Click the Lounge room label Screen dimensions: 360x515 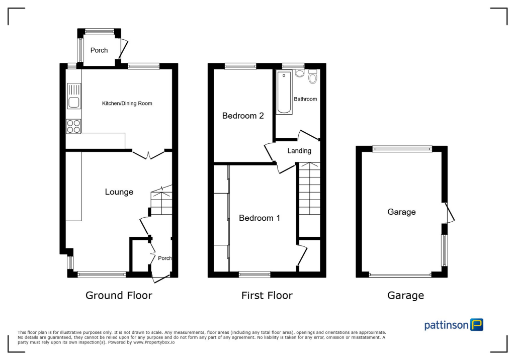click(119, 192)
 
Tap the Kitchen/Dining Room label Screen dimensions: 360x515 click(127, 104)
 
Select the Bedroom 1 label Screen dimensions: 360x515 click(260, 218)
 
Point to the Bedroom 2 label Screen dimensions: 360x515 click(243, 116)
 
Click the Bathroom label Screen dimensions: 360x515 click(305, 99)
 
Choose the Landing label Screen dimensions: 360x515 click(299, 151)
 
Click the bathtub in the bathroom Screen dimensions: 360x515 click(284, 93)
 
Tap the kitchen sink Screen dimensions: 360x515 click(73, 97)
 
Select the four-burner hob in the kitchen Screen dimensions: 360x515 click(73, 126)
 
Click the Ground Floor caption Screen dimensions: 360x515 click(119, 295)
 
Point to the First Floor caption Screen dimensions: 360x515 click(267, 295)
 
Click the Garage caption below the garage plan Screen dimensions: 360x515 click(405, 296)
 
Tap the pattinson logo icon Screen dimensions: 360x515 click(476, 324)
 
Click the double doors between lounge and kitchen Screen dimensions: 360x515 click(149, 153)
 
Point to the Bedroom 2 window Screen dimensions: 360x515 click(240, 66)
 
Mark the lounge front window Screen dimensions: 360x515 click(102, 275)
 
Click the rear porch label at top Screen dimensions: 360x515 click(99, 50)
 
